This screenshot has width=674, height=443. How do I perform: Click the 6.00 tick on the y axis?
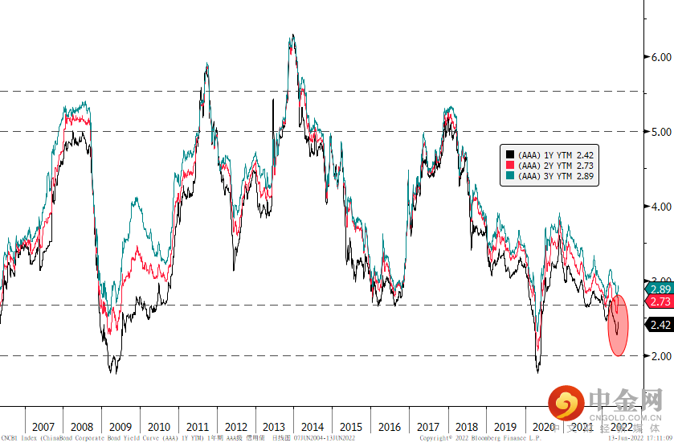coord(661,57)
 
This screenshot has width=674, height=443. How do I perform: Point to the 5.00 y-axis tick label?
coord(661,131)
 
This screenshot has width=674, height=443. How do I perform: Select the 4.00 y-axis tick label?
coord(661,206)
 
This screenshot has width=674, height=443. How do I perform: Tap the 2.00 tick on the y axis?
coord(661,355)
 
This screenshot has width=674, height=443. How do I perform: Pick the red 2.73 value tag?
coord(660,301)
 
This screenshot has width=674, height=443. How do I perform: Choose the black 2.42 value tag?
coord(660,325)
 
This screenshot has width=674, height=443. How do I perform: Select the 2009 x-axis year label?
coord(120,426)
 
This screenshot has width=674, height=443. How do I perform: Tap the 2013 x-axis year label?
coord(274,426)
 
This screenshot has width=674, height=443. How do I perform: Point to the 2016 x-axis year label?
coord(390,426)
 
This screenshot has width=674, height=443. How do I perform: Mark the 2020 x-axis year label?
coord(544,426)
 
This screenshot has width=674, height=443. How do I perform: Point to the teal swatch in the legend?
coord(509,174)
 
